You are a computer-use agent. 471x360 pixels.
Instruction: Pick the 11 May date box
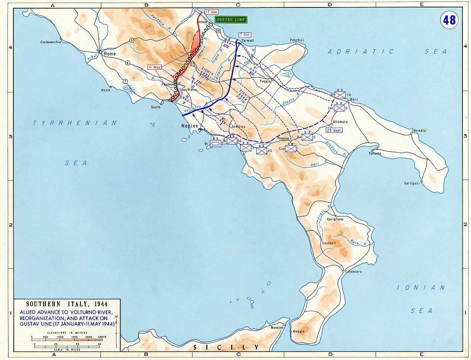pos(154,67)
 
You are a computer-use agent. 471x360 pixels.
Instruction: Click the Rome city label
pos(110,54)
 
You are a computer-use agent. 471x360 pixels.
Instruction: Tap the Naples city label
pos(190,126)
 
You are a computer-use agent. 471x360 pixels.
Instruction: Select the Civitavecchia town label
pos(51,42)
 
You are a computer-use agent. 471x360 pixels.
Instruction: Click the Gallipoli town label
pos(412,183)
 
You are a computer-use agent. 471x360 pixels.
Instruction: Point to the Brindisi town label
pos(420,131)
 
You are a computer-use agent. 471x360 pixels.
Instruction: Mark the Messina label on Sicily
pos(277,328)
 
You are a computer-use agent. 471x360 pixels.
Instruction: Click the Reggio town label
pos(299,331)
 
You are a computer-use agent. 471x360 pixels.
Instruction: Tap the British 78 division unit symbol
pos(340,96)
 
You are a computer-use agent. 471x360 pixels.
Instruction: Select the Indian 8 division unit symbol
pos(339,108)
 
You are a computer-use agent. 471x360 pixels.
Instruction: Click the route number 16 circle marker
pos(218,31)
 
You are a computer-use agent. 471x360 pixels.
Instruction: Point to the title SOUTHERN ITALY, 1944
pos(67,304)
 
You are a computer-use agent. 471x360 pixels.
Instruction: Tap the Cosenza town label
pos(329,243)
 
